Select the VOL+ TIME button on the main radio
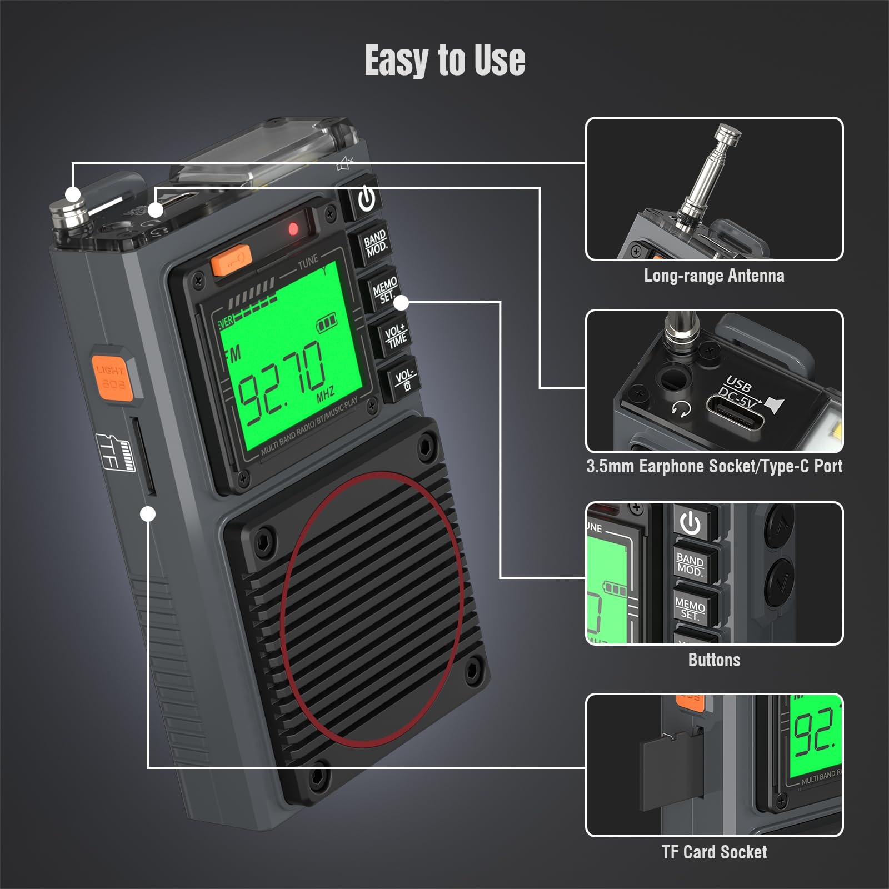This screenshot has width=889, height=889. (396, 336)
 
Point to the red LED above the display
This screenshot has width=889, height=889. (293, 229)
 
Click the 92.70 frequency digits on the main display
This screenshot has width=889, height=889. (281, 377)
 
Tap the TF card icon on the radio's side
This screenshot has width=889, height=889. (116, 452)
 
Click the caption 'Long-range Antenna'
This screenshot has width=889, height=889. (714, 276)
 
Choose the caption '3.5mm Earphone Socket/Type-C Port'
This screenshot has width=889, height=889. (714, 466)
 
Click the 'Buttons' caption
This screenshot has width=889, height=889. (714, 660)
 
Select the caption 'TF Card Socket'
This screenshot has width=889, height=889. (714, 852)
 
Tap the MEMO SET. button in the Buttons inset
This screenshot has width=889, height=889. (690, 608)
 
